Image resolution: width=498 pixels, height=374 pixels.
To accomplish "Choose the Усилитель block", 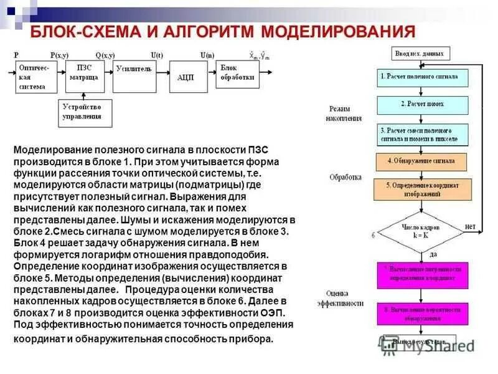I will (133, 73).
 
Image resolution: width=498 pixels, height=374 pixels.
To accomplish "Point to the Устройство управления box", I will (87, 112).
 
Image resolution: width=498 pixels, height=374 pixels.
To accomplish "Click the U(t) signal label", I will (156, 55).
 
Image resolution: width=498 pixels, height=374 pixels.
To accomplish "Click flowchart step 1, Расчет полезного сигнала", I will (421, 77).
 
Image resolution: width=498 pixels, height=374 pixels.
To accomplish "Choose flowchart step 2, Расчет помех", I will (421, 103).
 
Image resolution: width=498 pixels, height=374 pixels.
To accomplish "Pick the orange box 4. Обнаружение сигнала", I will (421, 161).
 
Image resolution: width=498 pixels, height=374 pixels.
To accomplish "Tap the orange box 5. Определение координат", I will (421, 189).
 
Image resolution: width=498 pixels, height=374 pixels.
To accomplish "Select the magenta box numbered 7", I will (421, 274).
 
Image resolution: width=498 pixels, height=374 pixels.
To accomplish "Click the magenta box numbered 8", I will (421, 313).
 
